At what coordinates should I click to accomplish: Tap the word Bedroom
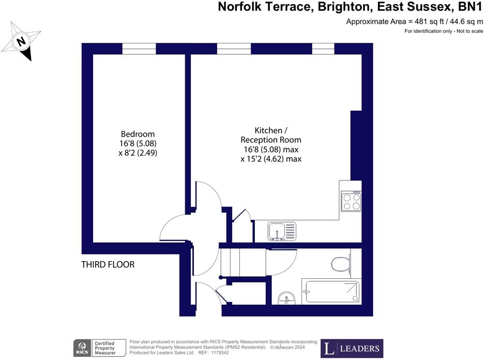pyautogui.click(x=137, y=134)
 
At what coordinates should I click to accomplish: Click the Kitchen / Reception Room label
pyautogui.click(x=270, y=135)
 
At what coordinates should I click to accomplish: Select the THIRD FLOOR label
pyautogui.click(x=108, y=264)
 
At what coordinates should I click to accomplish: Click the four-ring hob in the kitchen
pyautogui.click(x=351, y=201)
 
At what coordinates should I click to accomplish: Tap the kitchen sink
pyautogui.click(x=282, y=231)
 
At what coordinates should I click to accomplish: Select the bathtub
pyautogui.click(x=331, y=292)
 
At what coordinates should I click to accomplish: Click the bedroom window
pyautogui.click(x=139, y=49)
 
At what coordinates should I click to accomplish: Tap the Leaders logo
pyautogui.click(x=352, y=348)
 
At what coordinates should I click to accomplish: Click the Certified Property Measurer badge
pyautogui.click(x=109, y=347)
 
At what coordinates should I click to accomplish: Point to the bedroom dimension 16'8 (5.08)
pyautogui.click(x=137, y=143)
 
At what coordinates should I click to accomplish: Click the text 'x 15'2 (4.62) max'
pyautogui.click(x=270, y=159)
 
